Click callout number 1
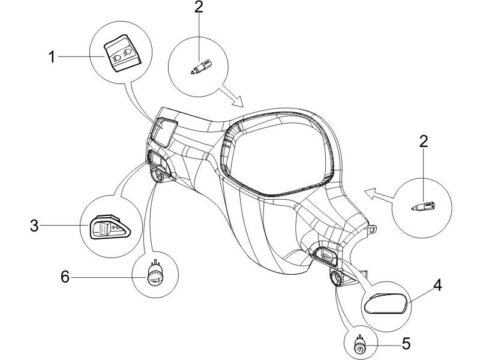point(52,57)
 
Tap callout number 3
point(34,226)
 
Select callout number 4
point(438,286)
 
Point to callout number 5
point(406,343)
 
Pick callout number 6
point(65,277)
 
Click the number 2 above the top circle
point(199,7)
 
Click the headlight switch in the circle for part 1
point(122,53)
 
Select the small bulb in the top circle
point(201,67)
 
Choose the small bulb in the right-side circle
point(424,206)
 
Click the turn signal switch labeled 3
point(110,228)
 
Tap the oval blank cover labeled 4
point(386,304)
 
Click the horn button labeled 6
point(155,275)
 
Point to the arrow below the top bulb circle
point(231,98)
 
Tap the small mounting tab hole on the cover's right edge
point(373,230)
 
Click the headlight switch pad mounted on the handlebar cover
point(164,132)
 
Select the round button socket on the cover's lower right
point(336,278)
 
